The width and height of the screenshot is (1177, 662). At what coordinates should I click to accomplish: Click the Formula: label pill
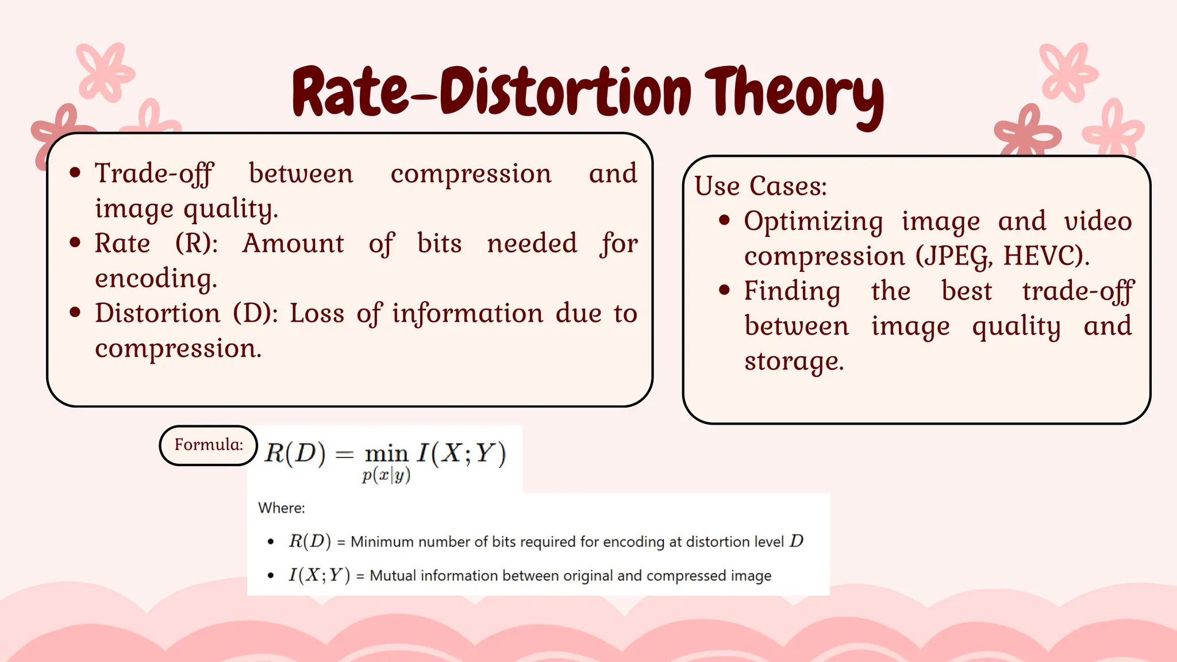click(x=208, y=445)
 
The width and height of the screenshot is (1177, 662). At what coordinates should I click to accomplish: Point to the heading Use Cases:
click(x=760, y=186)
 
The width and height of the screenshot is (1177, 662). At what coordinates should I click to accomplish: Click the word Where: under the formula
click(x=282, y=508)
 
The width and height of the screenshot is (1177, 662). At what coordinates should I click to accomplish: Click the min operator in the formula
click(x=386, y=454)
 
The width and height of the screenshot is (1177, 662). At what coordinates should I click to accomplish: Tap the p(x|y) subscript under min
click(x=386, y=476)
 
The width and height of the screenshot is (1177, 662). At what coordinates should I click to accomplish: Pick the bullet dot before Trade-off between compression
click(x=75, y=173)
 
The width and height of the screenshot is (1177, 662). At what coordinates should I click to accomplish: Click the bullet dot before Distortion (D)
click(x=75, y=313)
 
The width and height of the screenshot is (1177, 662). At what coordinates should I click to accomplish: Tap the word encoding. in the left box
click(x=156, y=279)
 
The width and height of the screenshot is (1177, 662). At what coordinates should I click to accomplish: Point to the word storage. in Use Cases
click(x=794, y=361)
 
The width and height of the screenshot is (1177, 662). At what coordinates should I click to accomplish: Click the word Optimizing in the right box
click(x=813, y=221)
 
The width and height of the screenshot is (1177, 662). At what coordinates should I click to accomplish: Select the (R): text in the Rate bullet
click(x=197, y=243)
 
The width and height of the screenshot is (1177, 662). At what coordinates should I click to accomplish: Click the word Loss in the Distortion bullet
click(x=317, y=313)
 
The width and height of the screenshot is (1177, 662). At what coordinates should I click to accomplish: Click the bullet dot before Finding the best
click(x=724, y=290)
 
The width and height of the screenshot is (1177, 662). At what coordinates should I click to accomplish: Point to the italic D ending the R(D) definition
click(x=796, y=541)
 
